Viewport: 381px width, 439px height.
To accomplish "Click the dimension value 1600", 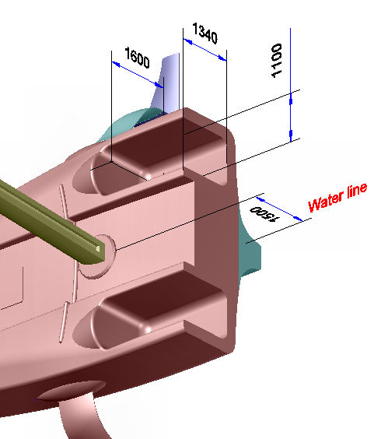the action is click(137, 58).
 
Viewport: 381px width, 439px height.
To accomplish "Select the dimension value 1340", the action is click(205, 33).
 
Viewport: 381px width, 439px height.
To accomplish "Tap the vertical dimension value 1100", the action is click(276, 61).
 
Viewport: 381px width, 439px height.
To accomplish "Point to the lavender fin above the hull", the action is click(168, 84).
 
